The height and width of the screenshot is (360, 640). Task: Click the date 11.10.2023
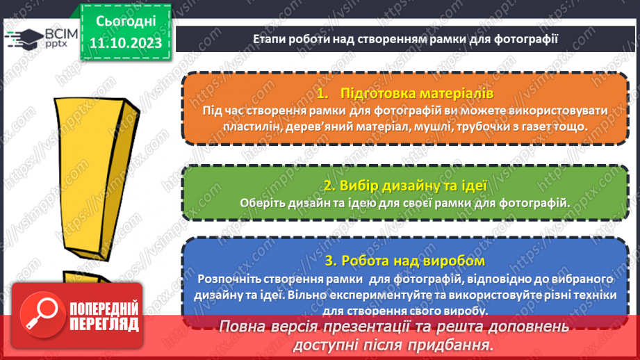125,43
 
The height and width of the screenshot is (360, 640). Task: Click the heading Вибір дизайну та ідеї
405,186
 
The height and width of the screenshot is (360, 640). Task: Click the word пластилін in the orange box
232,127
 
